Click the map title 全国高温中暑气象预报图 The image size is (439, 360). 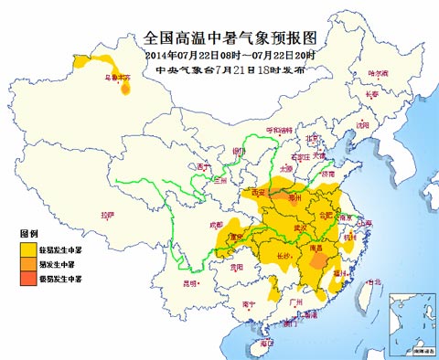[x=219, y=38]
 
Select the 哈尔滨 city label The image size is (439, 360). [x=378, y=72]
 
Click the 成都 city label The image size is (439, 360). [x=215, y=223]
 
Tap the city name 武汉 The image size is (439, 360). [x=298, y=228]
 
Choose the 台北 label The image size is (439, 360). [x=372, y=282]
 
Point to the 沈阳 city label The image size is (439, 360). [x=364, y=123]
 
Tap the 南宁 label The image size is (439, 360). [x=249, y=302]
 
